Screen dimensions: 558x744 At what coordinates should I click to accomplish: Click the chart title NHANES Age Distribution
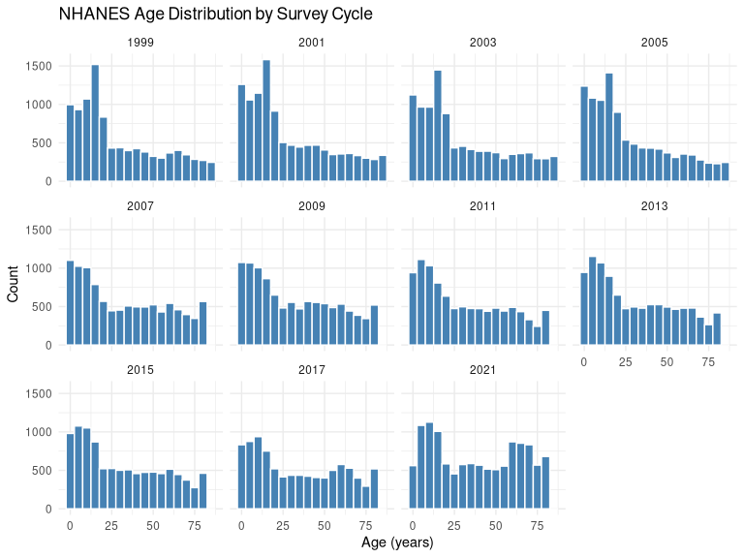click(201, 15)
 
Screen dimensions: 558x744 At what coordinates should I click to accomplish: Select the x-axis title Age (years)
click(397, 543)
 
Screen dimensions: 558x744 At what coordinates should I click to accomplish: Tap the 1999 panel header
click(140, 43)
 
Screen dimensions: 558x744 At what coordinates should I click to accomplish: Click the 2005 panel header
click(654, 43)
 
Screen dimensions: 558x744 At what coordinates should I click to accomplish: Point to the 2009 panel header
click(312, 206)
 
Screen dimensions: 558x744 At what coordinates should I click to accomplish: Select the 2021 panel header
click(482, 370)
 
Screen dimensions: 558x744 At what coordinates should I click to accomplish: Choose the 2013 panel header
click(654, 206)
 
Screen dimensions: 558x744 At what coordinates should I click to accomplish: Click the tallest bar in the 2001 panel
click(266, 121)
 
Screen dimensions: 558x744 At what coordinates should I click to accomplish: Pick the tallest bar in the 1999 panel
click(95, 123)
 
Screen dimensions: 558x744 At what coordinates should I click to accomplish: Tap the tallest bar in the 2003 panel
click(438, 126)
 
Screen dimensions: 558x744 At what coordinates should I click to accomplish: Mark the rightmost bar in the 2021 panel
click(545, 482)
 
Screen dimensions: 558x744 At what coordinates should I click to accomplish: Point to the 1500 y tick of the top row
click(40, 66)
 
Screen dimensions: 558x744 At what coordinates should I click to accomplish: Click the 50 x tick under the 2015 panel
click(153, 525)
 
